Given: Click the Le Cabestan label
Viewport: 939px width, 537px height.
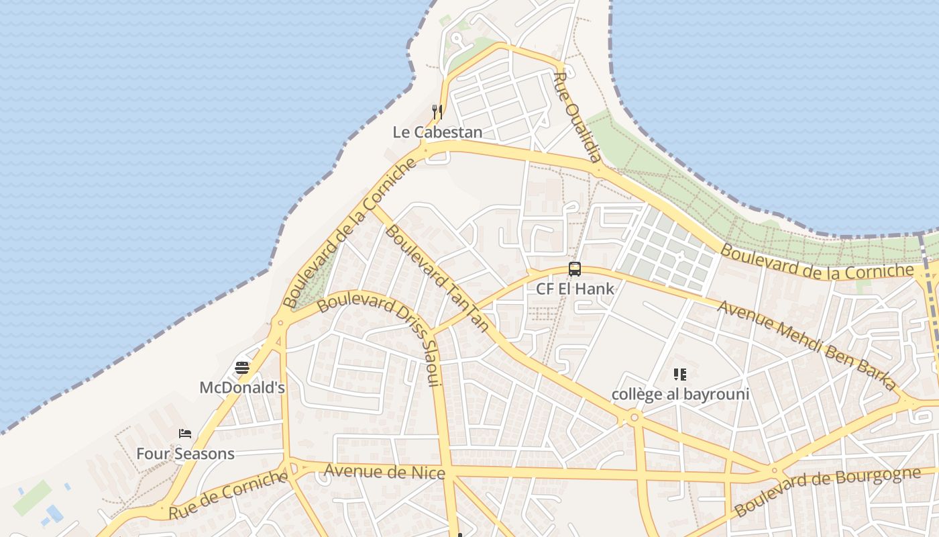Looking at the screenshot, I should pos(437,132).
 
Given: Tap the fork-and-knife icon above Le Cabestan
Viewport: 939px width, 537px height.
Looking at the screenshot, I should pos(437,112).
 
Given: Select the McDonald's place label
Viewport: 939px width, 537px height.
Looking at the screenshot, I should pos(242,387).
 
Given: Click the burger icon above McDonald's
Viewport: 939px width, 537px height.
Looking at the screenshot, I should pos(242,368).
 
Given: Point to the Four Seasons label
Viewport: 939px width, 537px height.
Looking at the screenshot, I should pos(185,454).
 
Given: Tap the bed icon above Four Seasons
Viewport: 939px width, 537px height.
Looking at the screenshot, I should pos(185,434).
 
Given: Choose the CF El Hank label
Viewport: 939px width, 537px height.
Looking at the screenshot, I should pos(575,289).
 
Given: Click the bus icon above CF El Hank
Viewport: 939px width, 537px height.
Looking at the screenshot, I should pos(575,269).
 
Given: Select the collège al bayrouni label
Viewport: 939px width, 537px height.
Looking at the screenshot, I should pos(680,394).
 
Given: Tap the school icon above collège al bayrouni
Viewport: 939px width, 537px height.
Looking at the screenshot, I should pos(680,375).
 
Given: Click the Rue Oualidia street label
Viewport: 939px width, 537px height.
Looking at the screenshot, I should pos(576,117).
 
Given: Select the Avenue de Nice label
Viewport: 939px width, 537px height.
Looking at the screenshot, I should pos(384,471).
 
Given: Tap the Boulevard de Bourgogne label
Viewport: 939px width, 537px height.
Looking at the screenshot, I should pos(828,492).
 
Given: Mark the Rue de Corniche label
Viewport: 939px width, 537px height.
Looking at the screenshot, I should pos(228,496).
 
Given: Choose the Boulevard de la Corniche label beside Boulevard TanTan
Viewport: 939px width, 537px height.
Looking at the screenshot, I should pos(349,234).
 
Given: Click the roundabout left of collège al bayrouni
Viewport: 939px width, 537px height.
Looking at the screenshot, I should pos(634,418).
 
